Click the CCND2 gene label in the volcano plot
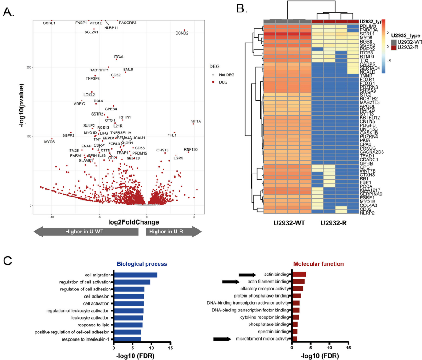point(182,33)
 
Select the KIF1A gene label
point(195,121)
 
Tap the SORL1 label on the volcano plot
point(49,23)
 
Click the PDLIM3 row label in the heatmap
point(367,26)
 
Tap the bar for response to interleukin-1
point(127,339)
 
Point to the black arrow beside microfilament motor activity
point(222,339)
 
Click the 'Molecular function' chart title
point(318,264)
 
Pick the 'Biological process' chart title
point(141,264)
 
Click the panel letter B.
point(239,9)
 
